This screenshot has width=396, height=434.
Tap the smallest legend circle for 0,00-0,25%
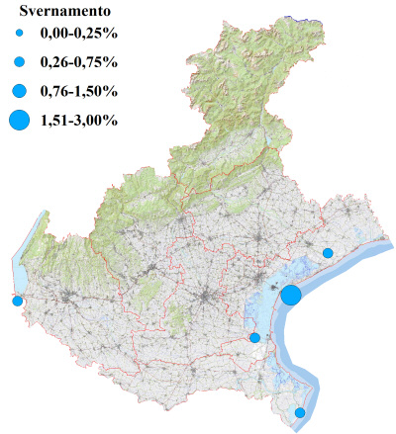pos(19,36)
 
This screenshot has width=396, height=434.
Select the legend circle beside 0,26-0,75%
pos(19,62)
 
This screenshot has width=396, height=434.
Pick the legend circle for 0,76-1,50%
pos(19,91)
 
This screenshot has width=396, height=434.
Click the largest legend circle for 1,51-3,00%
pos(19,121)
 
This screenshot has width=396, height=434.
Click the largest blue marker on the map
pos(291,295)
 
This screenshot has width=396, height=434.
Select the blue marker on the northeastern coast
pos(328,253)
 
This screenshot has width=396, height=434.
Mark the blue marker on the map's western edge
pos(17,301)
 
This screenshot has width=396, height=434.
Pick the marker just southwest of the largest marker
pos(255,338)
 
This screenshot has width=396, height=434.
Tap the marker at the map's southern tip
pos(301,412)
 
